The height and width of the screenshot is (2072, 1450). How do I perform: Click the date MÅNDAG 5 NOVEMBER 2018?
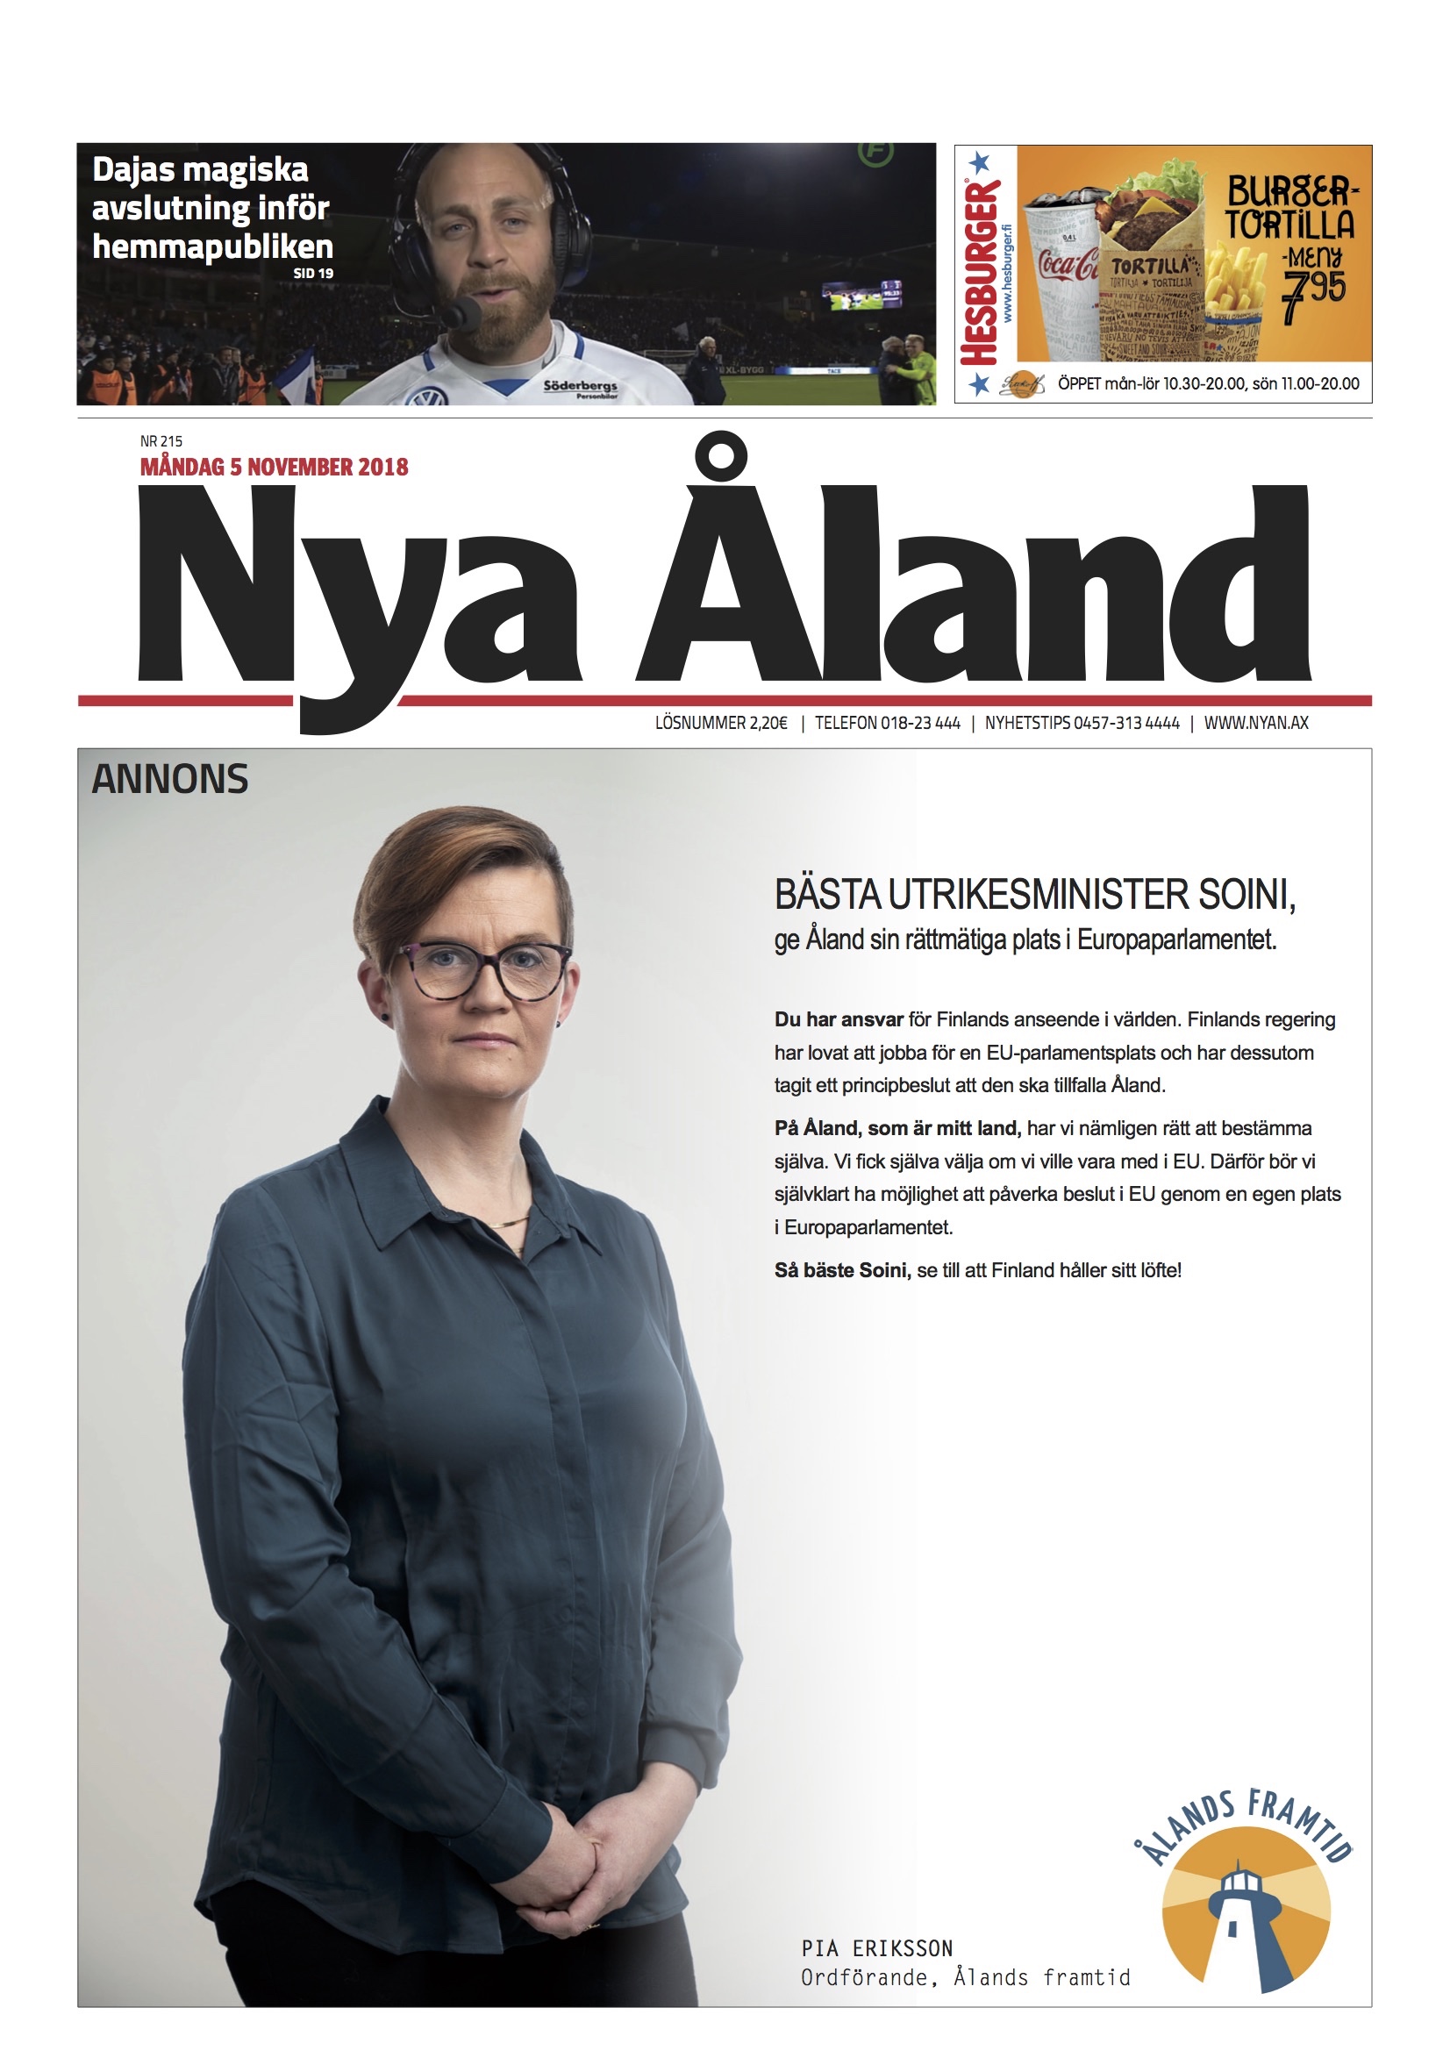click(x=274, y=467)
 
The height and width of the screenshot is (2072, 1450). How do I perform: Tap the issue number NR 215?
click(x=161, y=441)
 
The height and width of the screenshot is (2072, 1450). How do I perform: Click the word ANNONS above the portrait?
click(x=169, y=779)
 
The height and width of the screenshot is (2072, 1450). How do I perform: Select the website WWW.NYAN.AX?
click(x=1255, y=723)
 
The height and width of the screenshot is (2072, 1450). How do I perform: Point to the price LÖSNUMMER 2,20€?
click(x=721, y=723)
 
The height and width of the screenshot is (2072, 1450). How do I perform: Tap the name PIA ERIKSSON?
click(x=877, y=1948)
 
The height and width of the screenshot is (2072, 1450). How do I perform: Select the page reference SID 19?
click(x=313, y=273)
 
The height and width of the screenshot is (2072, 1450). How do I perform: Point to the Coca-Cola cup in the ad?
click(x=1068, y=271)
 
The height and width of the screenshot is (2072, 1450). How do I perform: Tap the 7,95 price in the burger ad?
click(x=1313, y=294)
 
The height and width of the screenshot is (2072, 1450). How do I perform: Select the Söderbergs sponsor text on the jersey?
click(x=580, y=386)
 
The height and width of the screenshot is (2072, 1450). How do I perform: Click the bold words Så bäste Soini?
click(x=842, y=1270)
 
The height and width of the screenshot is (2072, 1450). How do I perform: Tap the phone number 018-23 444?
click(x=920, y=723)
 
